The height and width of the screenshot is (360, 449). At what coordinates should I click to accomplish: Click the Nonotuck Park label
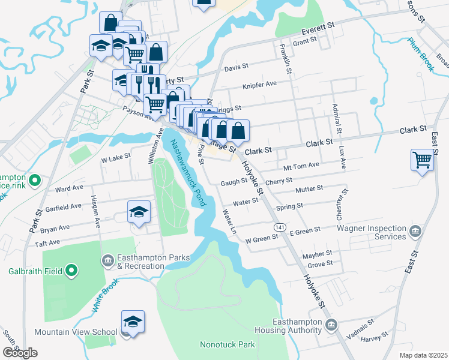coord(227,344)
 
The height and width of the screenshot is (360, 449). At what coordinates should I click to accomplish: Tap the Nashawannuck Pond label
coord(188,173)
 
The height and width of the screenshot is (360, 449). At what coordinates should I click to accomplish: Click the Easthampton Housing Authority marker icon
coord(331,326)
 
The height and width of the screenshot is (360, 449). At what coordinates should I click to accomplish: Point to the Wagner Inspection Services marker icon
coord(415,231)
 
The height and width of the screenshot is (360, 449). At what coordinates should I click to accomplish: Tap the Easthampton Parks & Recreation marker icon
coord(108,260)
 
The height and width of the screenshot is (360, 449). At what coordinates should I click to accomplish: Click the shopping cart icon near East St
coord(423,160)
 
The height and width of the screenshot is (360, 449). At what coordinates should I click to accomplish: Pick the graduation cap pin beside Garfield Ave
coord(139,212)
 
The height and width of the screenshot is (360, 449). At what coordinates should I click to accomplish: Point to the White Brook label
coord(103,295)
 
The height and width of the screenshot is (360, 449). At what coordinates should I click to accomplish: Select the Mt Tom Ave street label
coord(301,167)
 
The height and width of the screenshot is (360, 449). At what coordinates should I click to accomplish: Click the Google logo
coord(20,353)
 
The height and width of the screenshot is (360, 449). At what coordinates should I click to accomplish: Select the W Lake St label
coord(115,160)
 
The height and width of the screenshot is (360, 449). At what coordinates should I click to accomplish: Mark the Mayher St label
coord(318,253)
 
